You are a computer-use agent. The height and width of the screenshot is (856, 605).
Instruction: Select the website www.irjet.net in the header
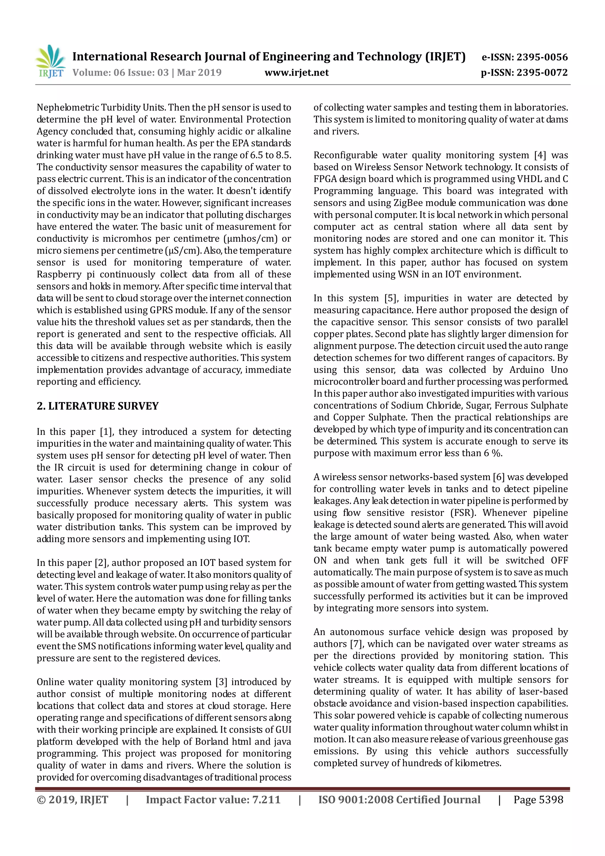coord(296,72)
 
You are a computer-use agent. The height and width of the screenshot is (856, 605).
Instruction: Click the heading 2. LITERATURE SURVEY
coord(98,406)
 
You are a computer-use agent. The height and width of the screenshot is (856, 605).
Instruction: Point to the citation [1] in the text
coord(107,432)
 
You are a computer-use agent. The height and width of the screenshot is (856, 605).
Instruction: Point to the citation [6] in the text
coord(499,477)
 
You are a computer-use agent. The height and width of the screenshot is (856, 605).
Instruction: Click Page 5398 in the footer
coord(538,800)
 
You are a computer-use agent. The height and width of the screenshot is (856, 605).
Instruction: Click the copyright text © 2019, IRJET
coord(72,800)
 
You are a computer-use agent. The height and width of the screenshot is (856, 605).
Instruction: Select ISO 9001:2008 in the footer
coord(356,800)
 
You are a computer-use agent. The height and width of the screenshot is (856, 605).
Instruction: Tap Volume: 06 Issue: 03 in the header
coord(121,72)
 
